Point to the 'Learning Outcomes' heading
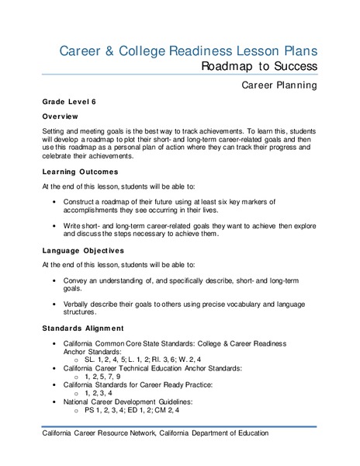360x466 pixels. coord(75,171)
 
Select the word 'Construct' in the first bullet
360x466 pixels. coord(84,202)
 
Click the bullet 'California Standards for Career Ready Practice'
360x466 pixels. coord(154,387)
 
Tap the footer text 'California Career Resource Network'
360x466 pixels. coord(110,434)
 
